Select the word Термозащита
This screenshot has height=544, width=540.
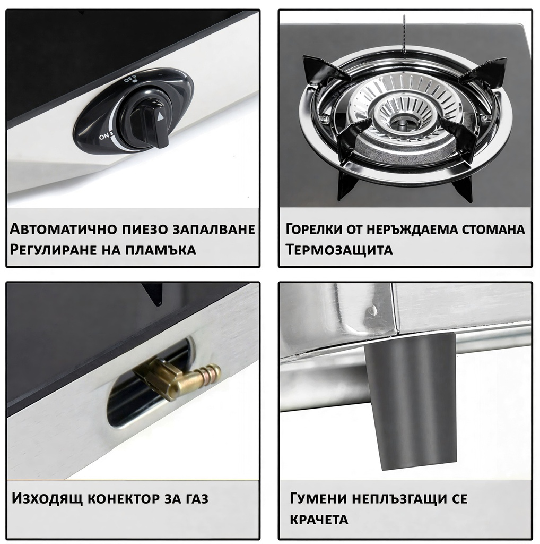(339, 250)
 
